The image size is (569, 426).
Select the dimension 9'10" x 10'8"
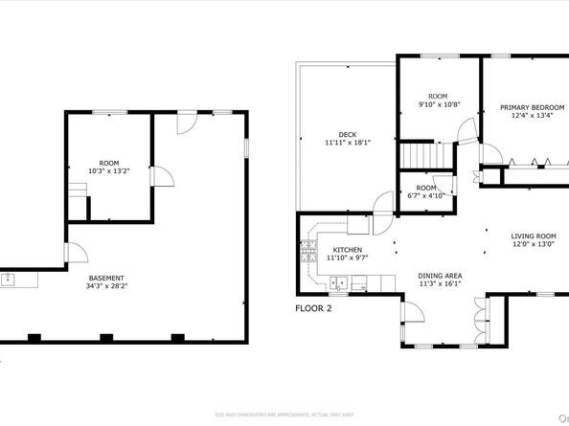click(438, 105)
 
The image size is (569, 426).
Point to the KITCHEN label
click(321, 249)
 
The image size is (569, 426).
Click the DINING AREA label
click(440, 276)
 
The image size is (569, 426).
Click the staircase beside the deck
click(418, 154)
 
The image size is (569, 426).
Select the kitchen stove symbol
click(309, 253)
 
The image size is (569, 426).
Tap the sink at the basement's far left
click(9, 279)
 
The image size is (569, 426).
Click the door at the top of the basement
click(188, 123)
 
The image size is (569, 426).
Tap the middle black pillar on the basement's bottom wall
click(104, 337)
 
